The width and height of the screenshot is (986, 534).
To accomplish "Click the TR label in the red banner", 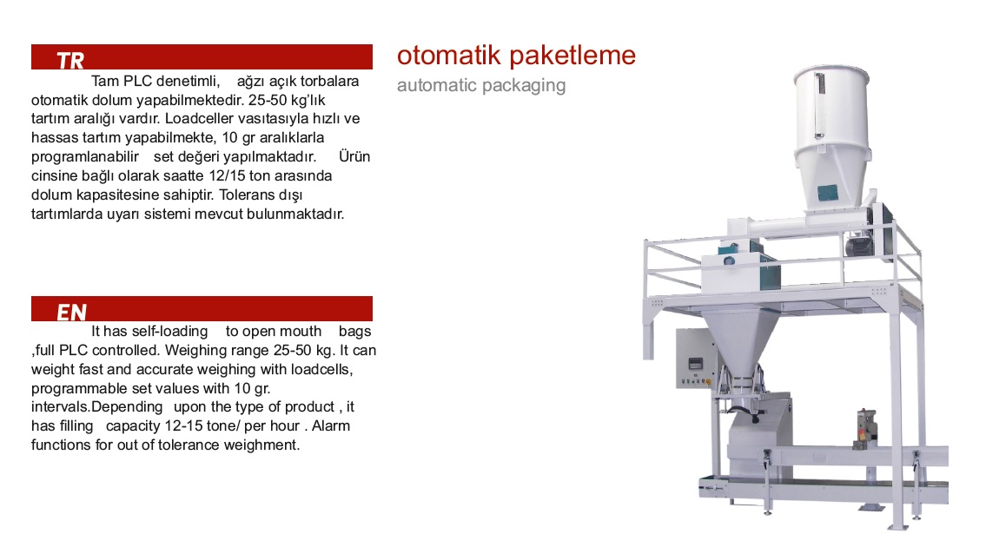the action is click(x=70, y=60).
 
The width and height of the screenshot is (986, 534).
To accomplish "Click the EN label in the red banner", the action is click(x=72, y=313).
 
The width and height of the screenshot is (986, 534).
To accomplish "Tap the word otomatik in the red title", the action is click(x=449, y=56).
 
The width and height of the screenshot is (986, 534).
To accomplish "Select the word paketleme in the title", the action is click(x=572, y=56).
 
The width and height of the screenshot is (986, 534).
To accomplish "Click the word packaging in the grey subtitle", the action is click(x=525, y=85).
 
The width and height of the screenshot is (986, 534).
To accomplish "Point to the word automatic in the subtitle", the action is click(x=438, y=85).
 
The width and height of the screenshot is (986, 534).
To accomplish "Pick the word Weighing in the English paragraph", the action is click(x=195, y=351).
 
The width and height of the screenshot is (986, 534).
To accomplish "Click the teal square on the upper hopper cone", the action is click(x=828, y=193).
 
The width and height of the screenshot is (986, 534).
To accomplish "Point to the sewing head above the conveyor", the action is click(x=866, y=428).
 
